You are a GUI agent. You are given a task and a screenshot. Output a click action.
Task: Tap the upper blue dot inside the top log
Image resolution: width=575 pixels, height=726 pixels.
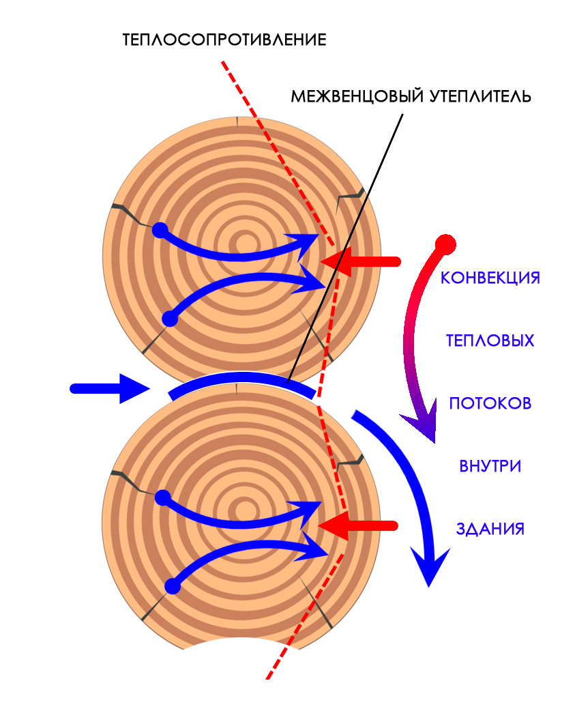pyautogui.click(x=160, y=230)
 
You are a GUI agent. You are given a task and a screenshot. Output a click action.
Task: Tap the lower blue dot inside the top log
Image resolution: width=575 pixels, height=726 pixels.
pyautogui.click(x=170, y=319)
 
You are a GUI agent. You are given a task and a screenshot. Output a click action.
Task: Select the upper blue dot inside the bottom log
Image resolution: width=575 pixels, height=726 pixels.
pyautogui.click(x=162, y=497)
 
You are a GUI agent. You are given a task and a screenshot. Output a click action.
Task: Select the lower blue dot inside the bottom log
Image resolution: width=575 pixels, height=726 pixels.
pyautogui.click(x=173, y=586)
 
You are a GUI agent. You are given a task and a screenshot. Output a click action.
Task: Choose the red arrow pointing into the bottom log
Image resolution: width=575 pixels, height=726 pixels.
pyautogui.click(x=357, y=526)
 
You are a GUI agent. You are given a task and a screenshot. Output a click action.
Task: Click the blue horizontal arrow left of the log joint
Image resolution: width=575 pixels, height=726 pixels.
pyautogui.click(x=109, y=389)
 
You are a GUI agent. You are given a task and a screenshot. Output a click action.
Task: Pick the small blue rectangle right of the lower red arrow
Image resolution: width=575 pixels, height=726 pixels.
pyautogui.click(x=514, y=529)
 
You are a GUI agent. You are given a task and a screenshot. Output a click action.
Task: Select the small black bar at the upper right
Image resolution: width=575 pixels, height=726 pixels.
pyautogui.click(x=516, y=96)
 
